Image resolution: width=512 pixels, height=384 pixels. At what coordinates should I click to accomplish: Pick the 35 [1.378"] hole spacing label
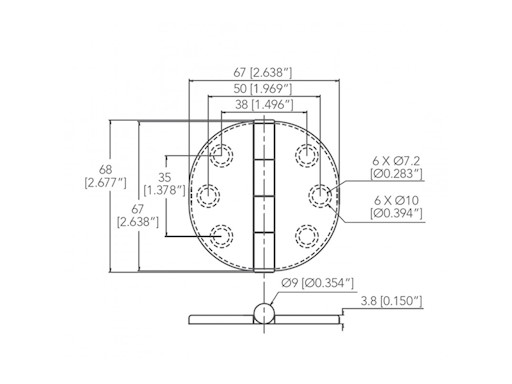[x=161, y=181]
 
